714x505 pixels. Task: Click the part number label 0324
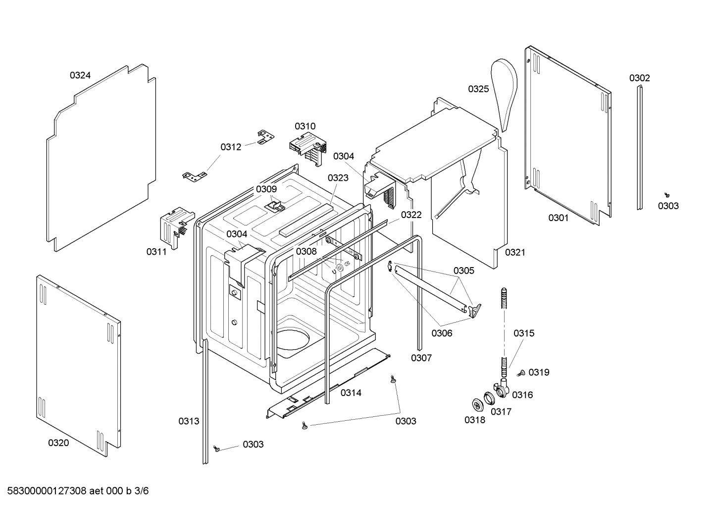tap(80, 75)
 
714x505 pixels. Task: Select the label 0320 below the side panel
tap(58, 443)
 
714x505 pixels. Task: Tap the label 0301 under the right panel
tap(558, 218)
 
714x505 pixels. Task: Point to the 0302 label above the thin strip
tap(639, 78)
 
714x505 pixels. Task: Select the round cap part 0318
tap(477, 404)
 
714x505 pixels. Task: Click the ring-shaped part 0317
tap(490, 397)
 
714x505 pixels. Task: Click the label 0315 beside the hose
tap(523, 334)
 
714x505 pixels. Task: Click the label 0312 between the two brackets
tap(231, 147)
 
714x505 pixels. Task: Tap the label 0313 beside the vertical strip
tap(189, 421)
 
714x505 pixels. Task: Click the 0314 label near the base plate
tap(351, 393)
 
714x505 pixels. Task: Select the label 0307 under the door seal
tap(421, 358)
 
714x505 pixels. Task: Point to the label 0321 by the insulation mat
tap(515, 252)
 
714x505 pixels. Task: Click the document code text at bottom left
tap(75, 491)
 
